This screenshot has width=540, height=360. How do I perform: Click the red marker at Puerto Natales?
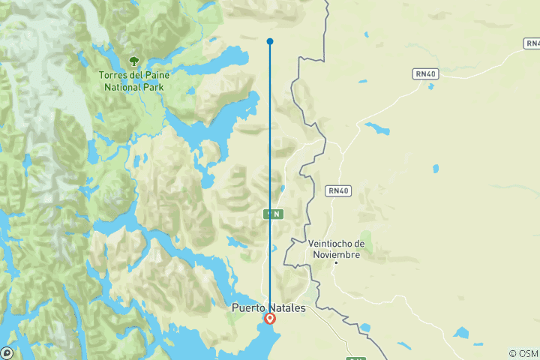click(x=270, y=318)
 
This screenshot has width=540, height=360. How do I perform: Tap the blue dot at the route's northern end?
click(x=270, y=41)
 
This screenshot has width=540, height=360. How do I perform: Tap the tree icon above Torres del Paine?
click(x=133, y=61)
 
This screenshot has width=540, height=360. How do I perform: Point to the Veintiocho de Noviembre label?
click(x=337, y=249)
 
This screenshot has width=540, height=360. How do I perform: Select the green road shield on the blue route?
click(x=274, y=214)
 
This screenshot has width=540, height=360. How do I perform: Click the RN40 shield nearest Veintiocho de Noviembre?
click(x=338, y=191)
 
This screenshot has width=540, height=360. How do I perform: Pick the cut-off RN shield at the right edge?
click(x=532, y=44)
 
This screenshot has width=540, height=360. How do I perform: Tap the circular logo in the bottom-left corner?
click(x=7, y=352)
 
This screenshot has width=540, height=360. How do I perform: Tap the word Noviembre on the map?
click(x=337, y=254)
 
